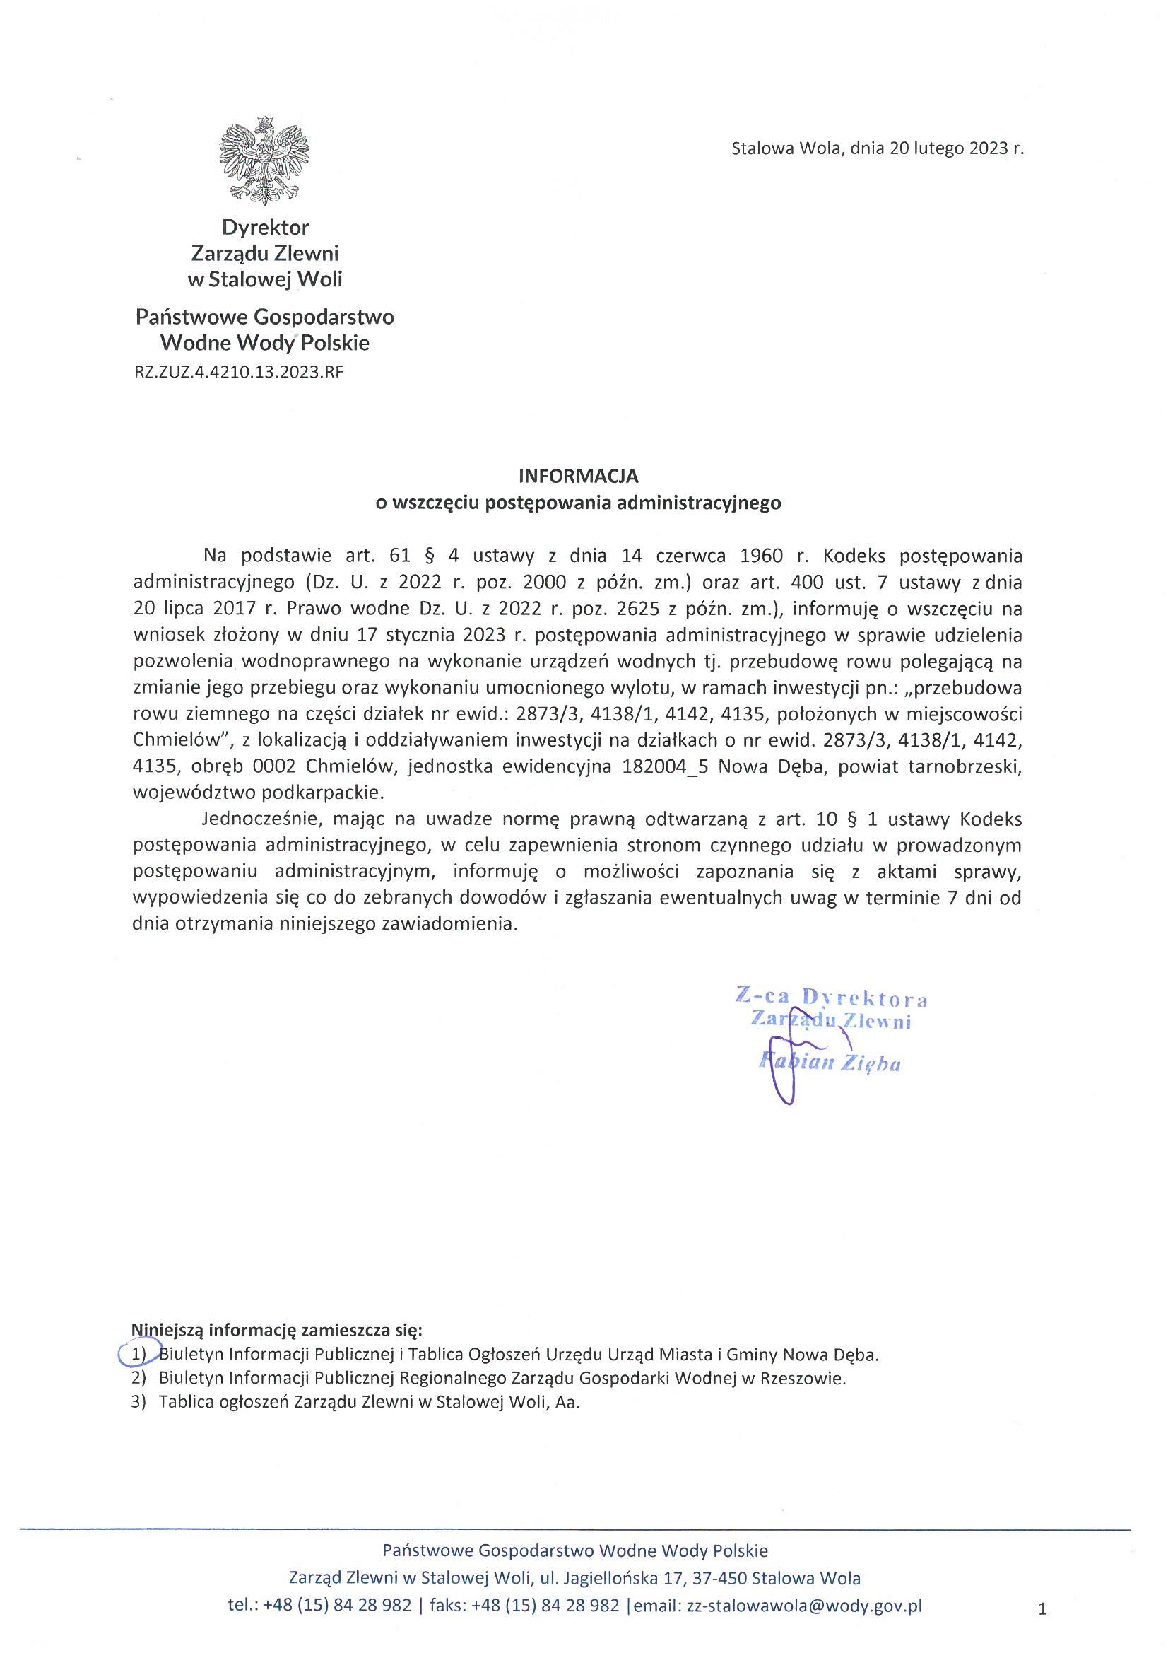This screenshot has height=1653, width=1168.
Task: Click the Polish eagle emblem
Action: (x=264, y=160)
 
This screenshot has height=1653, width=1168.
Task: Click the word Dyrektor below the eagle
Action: (x=266, y=228)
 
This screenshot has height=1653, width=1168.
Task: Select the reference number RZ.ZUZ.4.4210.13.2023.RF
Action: (x=238, y=372)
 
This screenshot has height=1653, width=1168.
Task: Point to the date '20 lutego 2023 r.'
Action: (x=957, y=148)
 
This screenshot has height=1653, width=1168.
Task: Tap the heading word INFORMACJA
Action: (x=578, y=476)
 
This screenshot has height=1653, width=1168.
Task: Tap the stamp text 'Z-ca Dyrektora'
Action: (x=831, y=997)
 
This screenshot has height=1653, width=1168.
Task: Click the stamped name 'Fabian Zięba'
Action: (x=830, y=1063)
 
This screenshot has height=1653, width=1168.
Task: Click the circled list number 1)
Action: (x=138, y=1354)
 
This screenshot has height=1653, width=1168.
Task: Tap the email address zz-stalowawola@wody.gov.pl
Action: (x=804, y=1606)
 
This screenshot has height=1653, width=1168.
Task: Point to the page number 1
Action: (x=1042, y=1609)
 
